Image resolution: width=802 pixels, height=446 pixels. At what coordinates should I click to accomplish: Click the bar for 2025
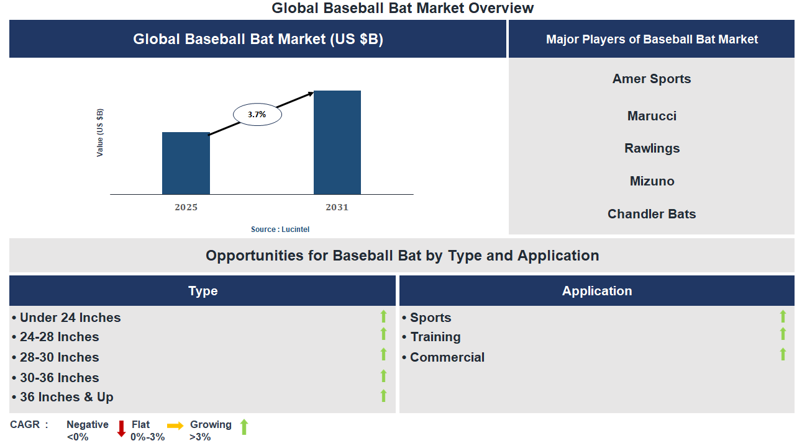click(x=186, y=163)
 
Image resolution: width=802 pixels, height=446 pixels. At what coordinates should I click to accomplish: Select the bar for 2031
click(x=337, y=143)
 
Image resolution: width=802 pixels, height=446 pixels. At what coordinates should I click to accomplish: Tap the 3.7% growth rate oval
click(x=257, y=115)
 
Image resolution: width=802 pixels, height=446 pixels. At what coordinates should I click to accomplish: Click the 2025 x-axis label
click(x=186, y=207)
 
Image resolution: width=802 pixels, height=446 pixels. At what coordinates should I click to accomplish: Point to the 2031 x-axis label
click(x=337, y=207)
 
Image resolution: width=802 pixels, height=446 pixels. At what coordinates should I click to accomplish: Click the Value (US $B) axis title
click(x=100, y=133)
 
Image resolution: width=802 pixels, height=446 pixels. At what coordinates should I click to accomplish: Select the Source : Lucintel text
click(x=280, y=230)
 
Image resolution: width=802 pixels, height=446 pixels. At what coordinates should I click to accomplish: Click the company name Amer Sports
click(x=651, y=79)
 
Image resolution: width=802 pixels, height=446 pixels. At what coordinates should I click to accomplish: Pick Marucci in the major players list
click(x=651, y=116)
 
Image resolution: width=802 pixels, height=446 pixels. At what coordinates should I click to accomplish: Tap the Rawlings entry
click(x=651, y=148)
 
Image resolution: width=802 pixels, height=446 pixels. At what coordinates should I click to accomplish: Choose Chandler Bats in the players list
click(x=651, y=214)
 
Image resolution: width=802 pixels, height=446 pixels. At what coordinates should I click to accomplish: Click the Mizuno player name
click(x=651, y=181)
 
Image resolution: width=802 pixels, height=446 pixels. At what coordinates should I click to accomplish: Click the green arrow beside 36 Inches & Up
click(x=383, y=395)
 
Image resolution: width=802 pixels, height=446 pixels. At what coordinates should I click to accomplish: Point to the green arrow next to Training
click(x=783, y=334)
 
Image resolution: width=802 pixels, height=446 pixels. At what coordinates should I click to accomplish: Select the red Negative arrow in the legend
click(x=121, y=429)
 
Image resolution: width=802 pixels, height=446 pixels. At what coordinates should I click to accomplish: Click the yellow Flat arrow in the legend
click(x=175, y=426)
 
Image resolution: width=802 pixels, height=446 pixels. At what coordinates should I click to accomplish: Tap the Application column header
click(x=596, y=291)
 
